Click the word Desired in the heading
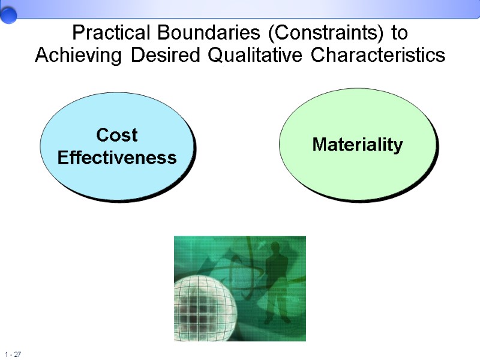[166, 55]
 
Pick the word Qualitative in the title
[257, 55]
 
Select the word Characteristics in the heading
[378, 55]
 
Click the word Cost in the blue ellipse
[117, 136]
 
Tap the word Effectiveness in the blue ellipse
[117, 158]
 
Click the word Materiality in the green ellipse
[358, 145]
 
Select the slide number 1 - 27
[13, 355]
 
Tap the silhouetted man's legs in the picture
[276, 309]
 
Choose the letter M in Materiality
[319, 145]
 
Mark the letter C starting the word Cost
[103, 136]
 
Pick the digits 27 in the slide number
[18, 355]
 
